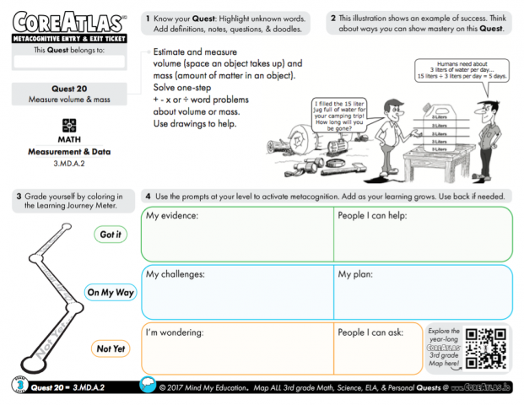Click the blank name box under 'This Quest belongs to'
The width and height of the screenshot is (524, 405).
pyautogui.click(x=69, y=62)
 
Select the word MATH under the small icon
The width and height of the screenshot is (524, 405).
pyautogui.click(x=69, y=139)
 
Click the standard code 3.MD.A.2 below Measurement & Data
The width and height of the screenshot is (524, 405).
pyautogui.click(x=69, y=163)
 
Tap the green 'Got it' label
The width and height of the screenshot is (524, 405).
pyautogui.click(x=111, y=235)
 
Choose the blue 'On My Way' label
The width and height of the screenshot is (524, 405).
pyautogui.click(x=111, y=292)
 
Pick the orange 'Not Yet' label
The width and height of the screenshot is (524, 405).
pyautogui.click(x=111, y=348)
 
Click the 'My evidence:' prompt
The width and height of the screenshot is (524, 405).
pyautogui.click(x=172, y=216)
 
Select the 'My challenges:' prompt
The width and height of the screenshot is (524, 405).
pyautogui.click(x=176, y=274)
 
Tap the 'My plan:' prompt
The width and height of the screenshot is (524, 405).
pyautogui.click(x=356, y=274)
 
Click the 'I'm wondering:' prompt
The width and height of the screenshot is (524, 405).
pyautogui.click(x=176, y=332)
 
